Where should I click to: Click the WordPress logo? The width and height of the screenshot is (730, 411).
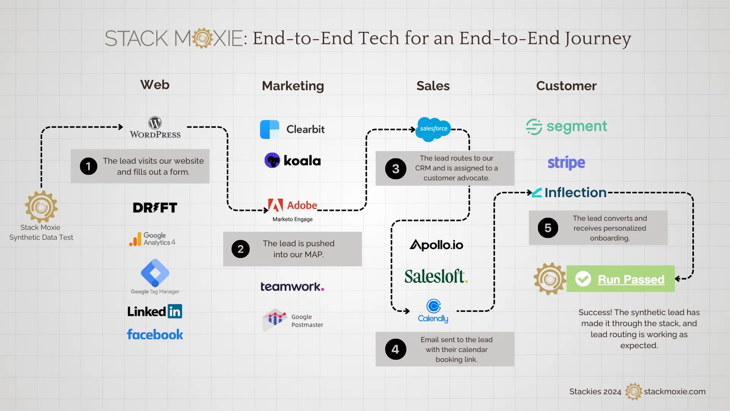(x=155, y=127)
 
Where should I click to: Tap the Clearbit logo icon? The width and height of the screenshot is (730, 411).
(x=270, y=129)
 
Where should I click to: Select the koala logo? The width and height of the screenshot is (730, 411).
(x=292, y=161)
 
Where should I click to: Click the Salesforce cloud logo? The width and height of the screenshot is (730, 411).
(x=433, y=129)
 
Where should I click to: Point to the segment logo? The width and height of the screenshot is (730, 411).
(x=567, y=127)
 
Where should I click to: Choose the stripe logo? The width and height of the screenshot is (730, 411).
(x=566, y=163)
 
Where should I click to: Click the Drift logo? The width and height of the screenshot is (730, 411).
(x=155, y=208)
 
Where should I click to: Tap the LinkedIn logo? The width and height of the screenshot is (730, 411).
(x=155, y=311)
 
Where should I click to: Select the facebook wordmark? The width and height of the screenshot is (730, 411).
(x=155, y=335)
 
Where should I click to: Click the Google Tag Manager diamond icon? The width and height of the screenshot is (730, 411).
(x=155, y=273)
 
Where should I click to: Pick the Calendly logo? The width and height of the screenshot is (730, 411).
(x=433, y=311)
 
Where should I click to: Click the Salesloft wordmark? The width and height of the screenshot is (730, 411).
(x=436, y=277)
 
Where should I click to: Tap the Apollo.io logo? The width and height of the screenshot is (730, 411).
(x=436, y=245)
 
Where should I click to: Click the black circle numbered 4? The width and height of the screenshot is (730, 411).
(x=395, y=349)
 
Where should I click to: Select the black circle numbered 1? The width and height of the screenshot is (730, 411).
(x=89, y=166)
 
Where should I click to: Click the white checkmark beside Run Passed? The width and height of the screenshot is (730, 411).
(x=583, y=279)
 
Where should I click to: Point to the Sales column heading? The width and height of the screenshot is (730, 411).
(x=433, y=86)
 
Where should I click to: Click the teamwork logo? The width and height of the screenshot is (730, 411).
(x=292, y=287)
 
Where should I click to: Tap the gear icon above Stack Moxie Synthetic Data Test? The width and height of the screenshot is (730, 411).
(x=41, y=207)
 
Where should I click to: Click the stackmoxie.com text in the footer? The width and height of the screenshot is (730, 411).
(x=674, y=392)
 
